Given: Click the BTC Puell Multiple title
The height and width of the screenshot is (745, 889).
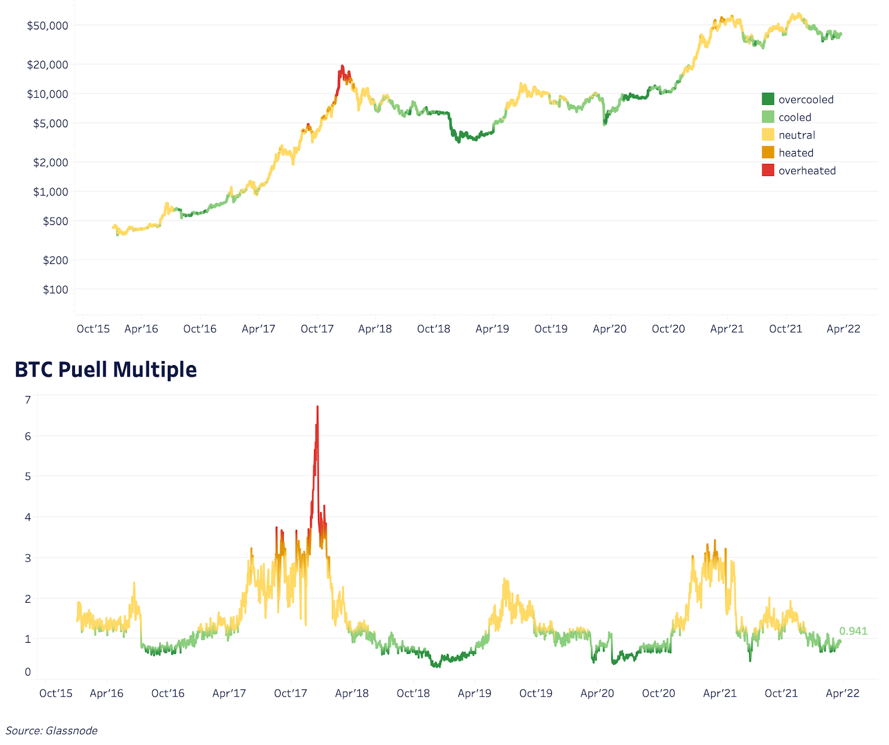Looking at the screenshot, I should [106, 369].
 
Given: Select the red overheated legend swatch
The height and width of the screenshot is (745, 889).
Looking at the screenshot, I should [768, 171].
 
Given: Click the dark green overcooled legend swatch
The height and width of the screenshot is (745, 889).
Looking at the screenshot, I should [768, 99].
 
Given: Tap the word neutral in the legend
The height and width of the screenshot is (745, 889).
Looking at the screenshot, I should [797, 135].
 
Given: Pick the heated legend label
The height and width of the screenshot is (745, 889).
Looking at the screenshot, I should [796, 153].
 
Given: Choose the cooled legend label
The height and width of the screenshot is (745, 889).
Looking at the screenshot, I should [795, 117].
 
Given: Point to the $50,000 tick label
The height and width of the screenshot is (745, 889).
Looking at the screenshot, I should [48, 26].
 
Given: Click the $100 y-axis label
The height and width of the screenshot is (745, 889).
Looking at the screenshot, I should [56, 289].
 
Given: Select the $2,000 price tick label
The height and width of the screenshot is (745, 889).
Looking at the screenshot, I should [51, 162].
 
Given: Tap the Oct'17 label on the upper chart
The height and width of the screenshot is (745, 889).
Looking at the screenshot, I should [317, 329].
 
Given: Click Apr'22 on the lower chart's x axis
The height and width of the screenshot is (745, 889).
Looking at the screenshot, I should [842, 693].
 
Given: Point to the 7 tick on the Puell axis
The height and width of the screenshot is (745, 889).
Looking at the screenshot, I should [28, 399].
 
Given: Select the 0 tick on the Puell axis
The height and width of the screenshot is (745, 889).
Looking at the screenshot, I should [28, 672].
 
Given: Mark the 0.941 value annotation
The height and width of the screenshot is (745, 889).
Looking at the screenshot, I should [853, 631].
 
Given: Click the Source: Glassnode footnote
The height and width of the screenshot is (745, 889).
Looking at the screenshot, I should [52, 731].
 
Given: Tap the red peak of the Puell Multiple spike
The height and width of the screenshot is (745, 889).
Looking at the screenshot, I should [317, 408].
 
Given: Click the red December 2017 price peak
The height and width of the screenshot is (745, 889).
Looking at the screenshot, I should [342, 67].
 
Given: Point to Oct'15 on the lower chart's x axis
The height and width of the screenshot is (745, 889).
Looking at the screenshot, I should [56, 693].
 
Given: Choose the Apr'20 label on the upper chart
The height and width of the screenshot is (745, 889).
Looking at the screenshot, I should [610, 329].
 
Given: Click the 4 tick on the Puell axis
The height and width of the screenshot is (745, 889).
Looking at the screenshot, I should [28, 517].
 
